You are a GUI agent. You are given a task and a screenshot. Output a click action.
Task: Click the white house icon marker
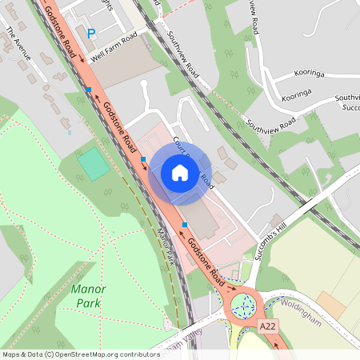tap(180, 173)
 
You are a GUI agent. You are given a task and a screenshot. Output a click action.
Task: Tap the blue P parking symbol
tap(91, 34)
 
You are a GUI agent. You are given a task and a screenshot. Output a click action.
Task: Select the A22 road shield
tap(270, 326)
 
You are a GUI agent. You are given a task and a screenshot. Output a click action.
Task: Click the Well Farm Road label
tap(114, 47)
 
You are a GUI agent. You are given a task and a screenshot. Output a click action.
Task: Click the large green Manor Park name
tap(89, 296)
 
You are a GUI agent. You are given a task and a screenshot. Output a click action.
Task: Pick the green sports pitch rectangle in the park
tap(94, 164)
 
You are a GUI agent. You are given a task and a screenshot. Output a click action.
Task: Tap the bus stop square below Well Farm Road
tap(88, 90)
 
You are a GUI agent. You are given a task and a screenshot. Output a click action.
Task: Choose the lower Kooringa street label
tap(296, 94)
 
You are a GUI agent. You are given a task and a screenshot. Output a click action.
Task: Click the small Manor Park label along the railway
tap(166, 248)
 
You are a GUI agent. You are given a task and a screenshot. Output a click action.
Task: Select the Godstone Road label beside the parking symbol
tap(61, 32)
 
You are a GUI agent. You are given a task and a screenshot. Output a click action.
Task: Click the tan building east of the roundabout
tap(330, 305)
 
